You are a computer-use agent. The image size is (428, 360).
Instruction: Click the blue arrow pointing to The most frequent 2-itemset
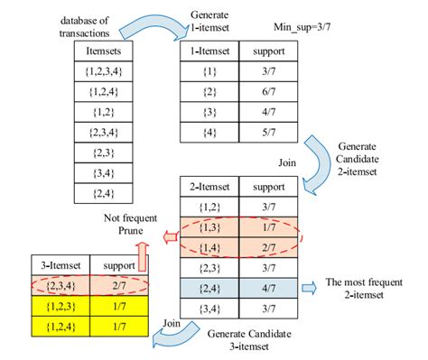click(308, 287)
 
